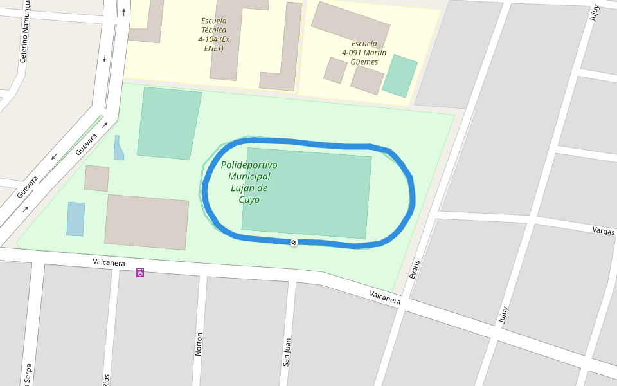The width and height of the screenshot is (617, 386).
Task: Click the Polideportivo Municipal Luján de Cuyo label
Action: click(249, 182)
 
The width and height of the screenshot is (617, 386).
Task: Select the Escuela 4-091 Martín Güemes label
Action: click(364, 53)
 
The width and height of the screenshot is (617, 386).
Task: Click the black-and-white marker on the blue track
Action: click(294, 243)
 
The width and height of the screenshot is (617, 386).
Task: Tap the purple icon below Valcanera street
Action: click(140, 273)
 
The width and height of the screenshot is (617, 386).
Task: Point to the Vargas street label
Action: click(604, 232)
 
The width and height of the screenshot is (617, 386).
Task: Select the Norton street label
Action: click(199, 344)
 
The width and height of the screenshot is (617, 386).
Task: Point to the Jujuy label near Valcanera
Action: click(503, 315)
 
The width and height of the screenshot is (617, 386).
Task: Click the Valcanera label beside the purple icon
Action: click(109, 262)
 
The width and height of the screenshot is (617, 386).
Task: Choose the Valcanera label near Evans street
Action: click(385, 297)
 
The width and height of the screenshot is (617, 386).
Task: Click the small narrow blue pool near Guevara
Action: click(118, 148)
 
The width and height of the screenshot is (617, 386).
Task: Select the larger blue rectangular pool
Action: click(76, 219)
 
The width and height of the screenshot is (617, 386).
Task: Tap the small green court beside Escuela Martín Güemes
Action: click(400, 75)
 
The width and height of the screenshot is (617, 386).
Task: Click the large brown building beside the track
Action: click(147, 222)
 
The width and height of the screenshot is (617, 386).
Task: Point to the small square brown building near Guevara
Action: click(96, 178)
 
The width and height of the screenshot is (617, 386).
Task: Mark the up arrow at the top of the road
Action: click(123, 11)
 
